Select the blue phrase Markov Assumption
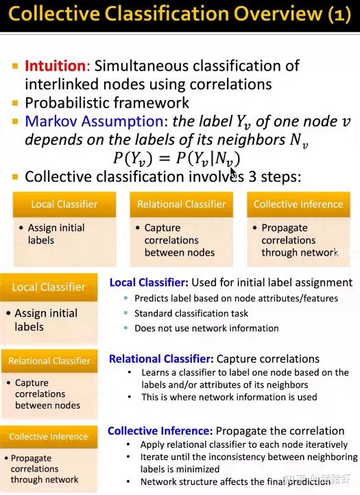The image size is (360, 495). coord(93,121)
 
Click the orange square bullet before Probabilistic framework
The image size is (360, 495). coord(15,103)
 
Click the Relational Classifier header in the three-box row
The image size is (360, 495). coord(181,204)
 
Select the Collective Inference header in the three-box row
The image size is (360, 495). coord(298,204)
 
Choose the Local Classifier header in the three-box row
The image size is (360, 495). coord(64,204)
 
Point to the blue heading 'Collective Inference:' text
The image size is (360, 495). coord(158,431)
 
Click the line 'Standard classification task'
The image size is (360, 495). coord(191,313)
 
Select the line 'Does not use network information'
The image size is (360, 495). coord(206,328)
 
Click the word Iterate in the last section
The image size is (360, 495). coord(156,457)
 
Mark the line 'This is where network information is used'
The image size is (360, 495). coord(229,397)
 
